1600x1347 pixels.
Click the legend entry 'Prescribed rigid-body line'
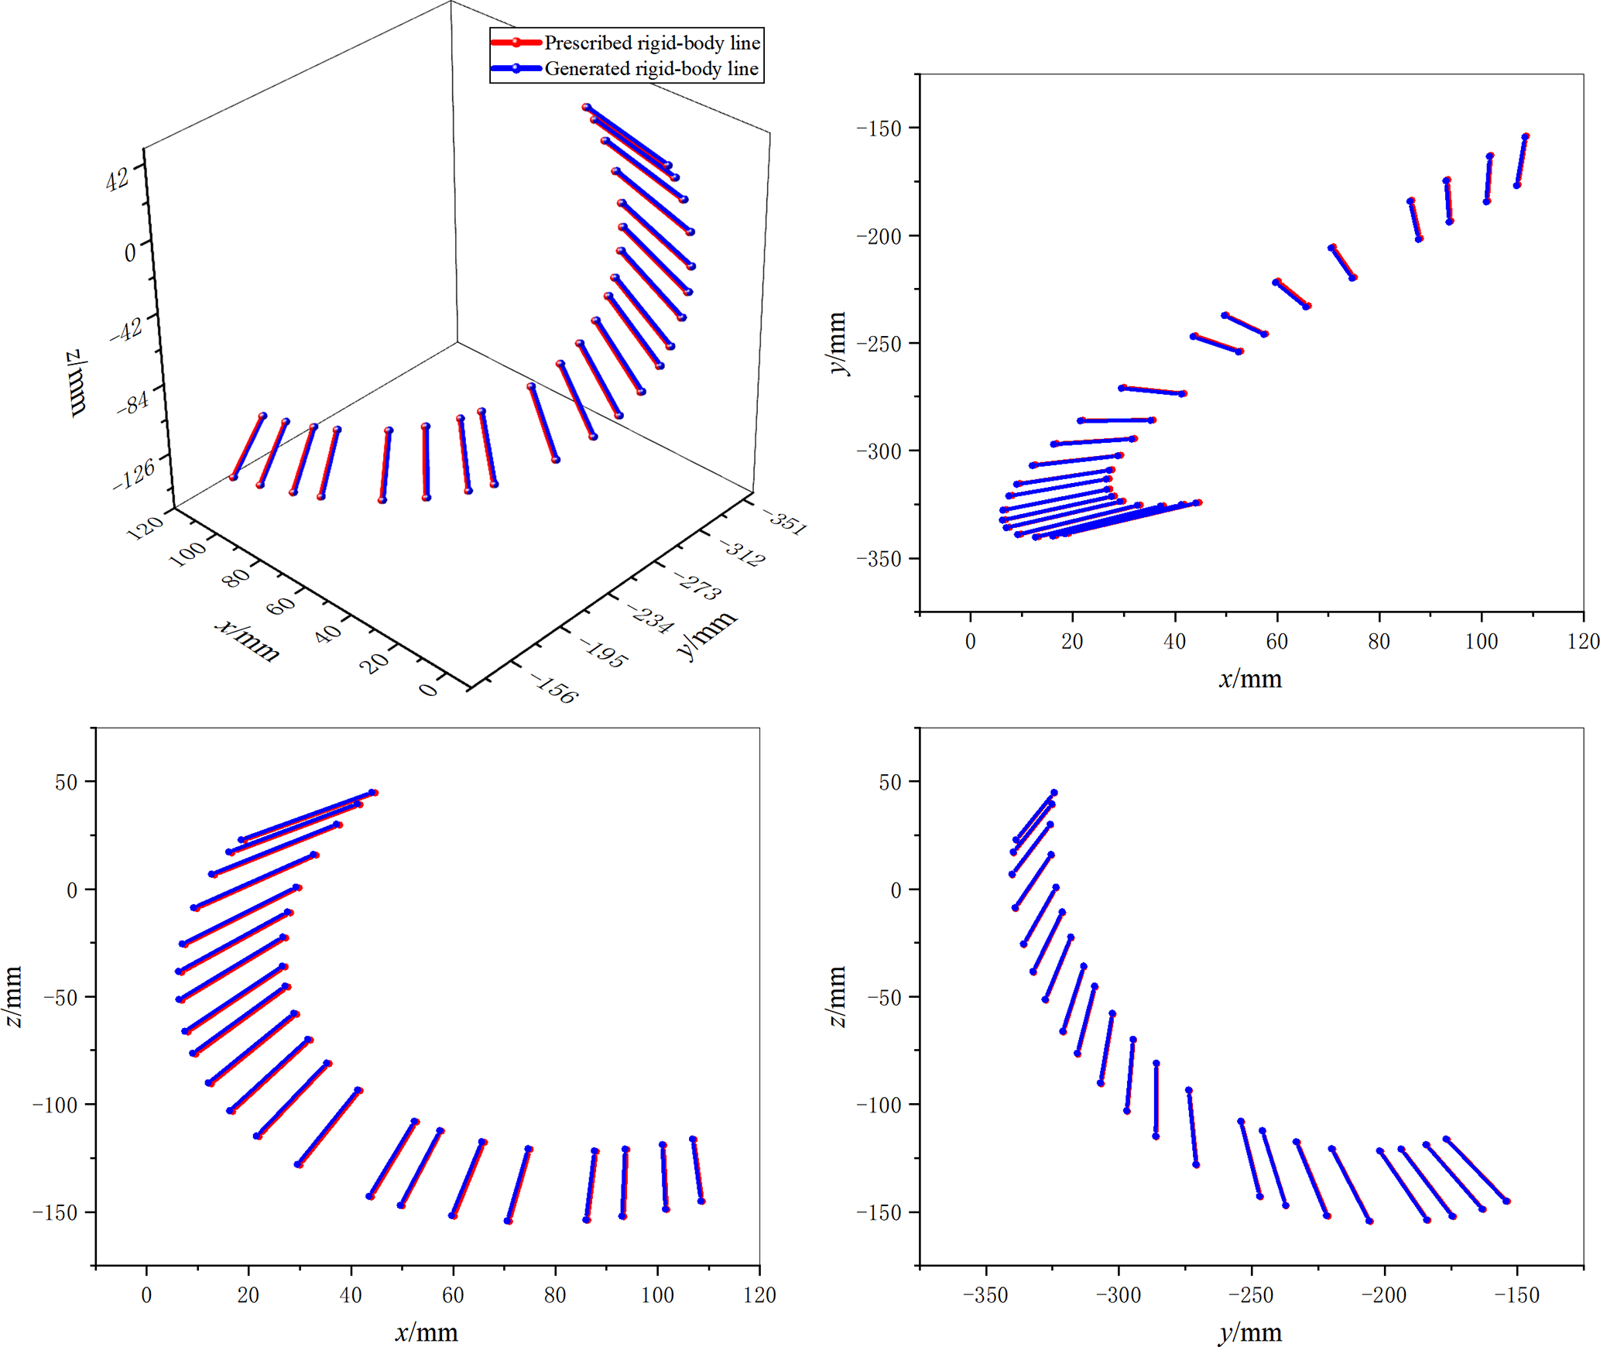pos(652,43)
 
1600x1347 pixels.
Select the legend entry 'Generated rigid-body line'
pos(651,69)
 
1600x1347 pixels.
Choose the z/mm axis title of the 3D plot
pos(77,383)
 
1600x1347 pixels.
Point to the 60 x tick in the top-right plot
pos(1276,641)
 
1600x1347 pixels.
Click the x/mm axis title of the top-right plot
pos(1250,679)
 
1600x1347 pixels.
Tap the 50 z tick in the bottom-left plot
pos(67,782)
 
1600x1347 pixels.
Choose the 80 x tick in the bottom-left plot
pos(555,1295)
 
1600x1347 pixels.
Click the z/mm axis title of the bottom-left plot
pos(14,996)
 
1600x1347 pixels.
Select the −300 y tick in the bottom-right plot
pos(1118,1295)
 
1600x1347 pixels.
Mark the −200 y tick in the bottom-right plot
pos(1383,1295)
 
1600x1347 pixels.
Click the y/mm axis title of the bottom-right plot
pos(1250,1332)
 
